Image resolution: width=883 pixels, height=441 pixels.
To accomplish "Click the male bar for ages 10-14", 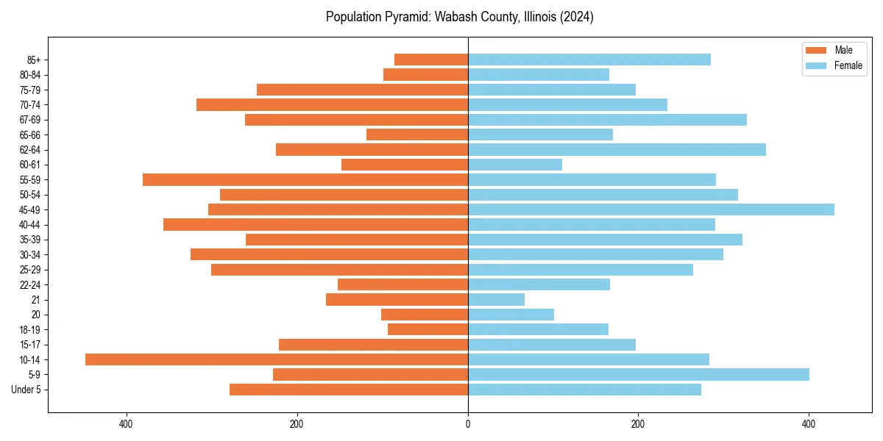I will (277, 359).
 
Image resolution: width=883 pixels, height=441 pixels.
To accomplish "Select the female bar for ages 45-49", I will (651, 209).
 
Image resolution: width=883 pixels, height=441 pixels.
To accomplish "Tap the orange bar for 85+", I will (431, 60).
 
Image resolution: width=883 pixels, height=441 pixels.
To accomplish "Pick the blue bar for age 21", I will (497, 299).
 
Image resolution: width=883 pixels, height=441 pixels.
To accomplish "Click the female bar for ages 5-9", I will (639, 374).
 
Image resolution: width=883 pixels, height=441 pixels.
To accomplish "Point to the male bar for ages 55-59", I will (305, 179).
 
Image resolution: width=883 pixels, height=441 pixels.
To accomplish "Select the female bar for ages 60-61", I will (515, 165).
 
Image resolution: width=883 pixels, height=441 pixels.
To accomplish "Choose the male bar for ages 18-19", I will (428, 329).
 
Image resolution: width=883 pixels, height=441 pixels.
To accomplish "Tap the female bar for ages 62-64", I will (617, 149).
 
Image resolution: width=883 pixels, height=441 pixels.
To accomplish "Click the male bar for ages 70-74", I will (333, 104).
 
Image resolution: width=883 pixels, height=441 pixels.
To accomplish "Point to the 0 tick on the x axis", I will (468, 424).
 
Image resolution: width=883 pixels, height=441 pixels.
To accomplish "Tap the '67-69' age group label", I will (30, 120).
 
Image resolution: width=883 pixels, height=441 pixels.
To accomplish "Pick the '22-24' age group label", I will (30, 284).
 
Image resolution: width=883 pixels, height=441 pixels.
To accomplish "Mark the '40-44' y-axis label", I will (30, 225).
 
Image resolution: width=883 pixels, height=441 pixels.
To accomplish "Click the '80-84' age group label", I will (30, 75).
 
